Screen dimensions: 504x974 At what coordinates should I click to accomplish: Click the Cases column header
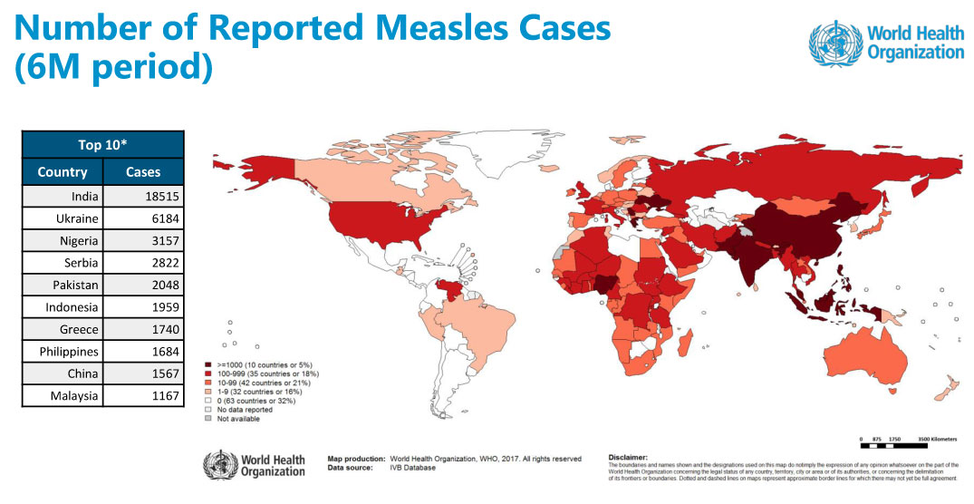point(143,171)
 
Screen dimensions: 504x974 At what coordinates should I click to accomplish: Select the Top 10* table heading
point(102,145)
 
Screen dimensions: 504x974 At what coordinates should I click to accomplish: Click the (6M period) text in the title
point(113,69)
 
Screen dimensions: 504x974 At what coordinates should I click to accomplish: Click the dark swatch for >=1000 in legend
point(208,363)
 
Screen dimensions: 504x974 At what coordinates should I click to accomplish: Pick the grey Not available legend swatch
point(208,419)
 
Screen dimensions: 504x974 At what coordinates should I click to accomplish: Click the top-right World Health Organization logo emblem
point(834,43)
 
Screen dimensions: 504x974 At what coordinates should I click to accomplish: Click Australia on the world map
point(869,359)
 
